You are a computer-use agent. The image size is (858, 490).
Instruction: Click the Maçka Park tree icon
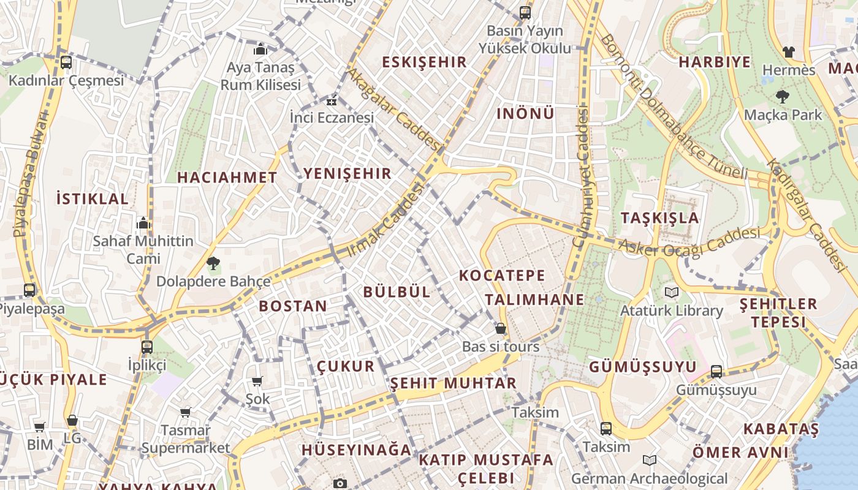coord(782,96)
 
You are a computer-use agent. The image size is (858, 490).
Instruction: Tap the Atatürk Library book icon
coord(672,292)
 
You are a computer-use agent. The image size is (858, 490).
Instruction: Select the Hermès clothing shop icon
coord(788,51)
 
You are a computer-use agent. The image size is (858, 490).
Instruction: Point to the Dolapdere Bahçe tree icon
coord(213,264)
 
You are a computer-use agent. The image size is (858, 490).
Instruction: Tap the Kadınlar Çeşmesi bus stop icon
coord(66,62)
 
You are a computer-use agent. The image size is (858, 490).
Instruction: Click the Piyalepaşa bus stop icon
coord(29,290)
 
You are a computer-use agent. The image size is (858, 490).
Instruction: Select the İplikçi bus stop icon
coord(147,347)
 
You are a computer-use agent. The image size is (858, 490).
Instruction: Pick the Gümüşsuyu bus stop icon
coord(716,371)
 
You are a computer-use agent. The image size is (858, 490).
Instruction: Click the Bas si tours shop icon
coord(501,328)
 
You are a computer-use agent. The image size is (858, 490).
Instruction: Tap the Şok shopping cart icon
coord(257,381)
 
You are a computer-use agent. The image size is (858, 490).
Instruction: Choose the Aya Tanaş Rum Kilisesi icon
coord(260,49)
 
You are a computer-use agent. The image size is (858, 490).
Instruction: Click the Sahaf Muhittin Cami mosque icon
coord(143,223)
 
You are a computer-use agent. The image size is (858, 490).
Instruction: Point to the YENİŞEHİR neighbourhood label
coord(347,173)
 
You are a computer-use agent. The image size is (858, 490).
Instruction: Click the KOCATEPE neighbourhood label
coord(501,276)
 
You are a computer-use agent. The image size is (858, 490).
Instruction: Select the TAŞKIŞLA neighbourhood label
coord(659,218)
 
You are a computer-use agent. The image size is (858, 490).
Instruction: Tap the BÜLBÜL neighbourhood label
coord(397,292)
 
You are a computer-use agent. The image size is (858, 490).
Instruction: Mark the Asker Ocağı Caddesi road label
coord(689,243)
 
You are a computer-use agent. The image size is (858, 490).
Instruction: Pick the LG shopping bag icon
coord(72,420)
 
